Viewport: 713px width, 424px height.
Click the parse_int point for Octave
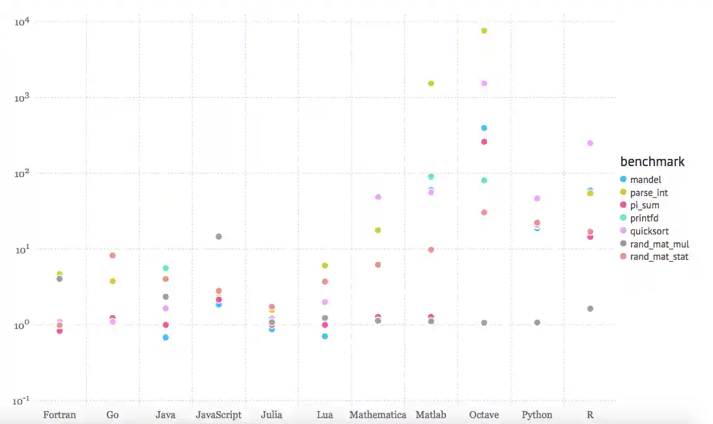coord(484,31)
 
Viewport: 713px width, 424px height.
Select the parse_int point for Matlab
coord(431,83)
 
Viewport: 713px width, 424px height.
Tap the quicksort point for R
coord(590,143)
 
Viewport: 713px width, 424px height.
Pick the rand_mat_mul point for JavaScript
coord(219,236)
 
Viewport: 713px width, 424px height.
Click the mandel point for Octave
coord(484,128)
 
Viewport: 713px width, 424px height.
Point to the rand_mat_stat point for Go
coord(113,255)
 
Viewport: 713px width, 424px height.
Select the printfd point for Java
coord(165,268)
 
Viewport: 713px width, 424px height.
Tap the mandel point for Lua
coord(325,336)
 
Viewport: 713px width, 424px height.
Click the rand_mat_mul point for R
coord(590,309)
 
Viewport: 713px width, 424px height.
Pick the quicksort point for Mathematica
coord(378,197)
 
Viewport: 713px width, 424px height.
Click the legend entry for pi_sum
coord(645,205)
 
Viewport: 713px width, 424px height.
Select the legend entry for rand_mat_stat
coord(659,257)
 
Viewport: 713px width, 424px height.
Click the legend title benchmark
coord(652,162)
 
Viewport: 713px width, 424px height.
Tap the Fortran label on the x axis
coord(59,415)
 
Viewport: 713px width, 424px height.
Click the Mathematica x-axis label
coord(378,415)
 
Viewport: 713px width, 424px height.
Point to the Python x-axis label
coord(537,415)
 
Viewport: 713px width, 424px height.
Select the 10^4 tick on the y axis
coord(23,21)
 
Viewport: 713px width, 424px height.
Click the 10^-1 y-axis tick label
coord(23,400)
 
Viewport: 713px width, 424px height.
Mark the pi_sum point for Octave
coord(484,141)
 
